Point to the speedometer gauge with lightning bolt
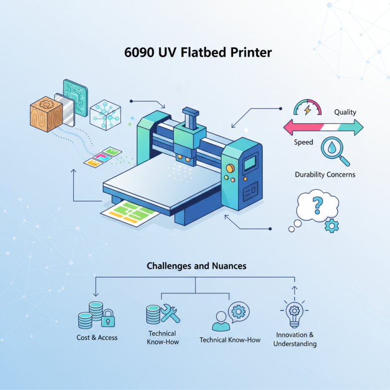(x=307, y=108)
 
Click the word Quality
(x=345, y=112)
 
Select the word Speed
(x=303, y=142)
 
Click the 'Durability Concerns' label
(x=325, y=174)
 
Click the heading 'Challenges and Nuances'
(x=196, y=266)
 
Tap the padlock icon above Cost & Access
(x=108, y=319)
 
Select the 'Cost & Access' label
(x=97, y=337)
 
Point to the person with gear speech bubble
(x=229, y=317)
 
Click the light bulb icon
(x=294, y=314)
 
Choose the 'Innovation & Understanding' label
(x=294, y=339)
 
